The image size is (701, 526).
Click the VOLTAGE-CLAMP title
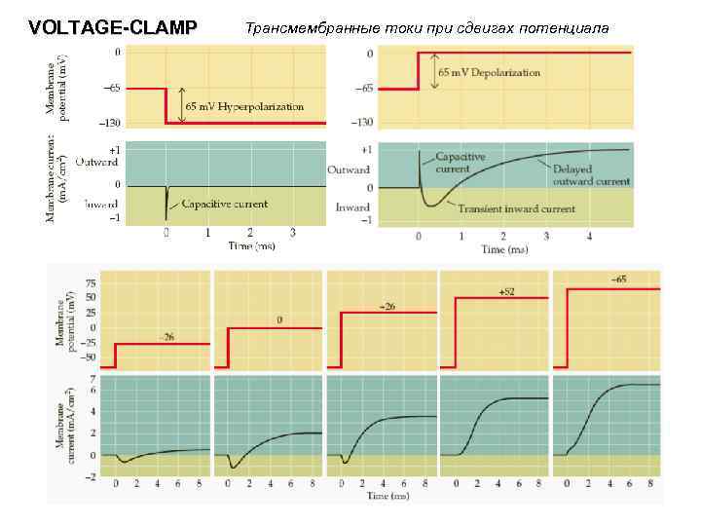point(113,27)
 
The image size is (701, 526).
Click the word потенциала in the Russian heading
point(565,27)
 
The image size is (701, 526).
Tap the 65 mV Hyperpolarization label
point(244,105)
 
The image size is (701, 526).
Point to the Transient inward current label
point(516,208)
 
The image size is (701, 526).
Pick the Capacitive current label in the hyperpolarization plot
point(225,204)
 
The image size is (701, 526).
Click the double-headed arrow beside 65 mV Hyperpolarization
point(180,105)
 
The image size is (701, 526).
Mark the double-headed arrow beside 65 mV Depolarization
point(434,72)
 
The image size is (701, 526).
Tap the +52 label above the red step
point(506,291)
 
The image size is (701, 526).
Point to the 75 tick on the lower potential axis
point(91,282)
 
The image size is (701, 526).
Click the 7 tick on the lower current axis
point(92,378)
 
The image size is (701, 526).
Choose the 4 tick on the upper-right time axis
point(589,236)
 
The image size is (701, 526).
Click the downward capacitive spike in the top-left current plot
point(166,200)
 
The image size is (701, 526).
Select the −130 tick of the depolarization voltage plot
point(362,122)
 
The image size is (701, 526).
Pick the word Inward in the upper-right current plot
point(352,207)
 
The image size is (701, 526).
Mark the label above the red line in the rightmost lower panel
point(618,281)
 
